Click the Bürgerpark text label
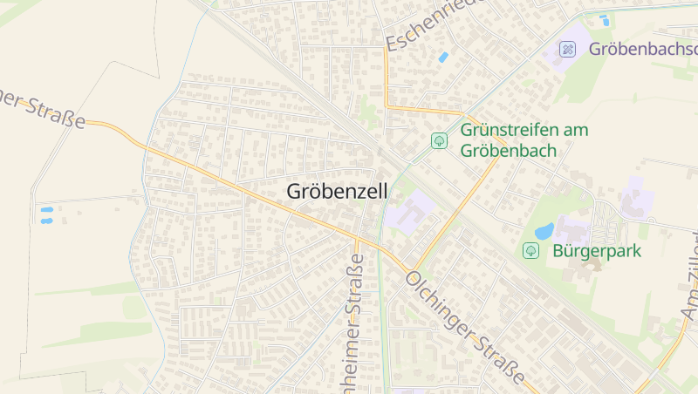click(596, 251)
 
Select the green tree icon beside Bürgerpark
click(530, 251)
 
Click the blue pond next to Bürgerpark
click(544, 232)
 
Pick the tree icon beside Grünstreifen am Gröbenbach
click(439, 139)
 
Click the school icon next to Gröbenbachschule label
click(568, 49)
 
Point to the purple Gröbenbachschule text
click(643, 49)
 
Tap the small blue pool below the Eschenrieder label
click(443, 58)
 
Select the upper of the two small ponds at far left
click(46, 210)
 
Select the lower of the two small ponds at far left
click(46, 221)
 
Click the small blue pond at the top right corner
click(604, 19)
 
